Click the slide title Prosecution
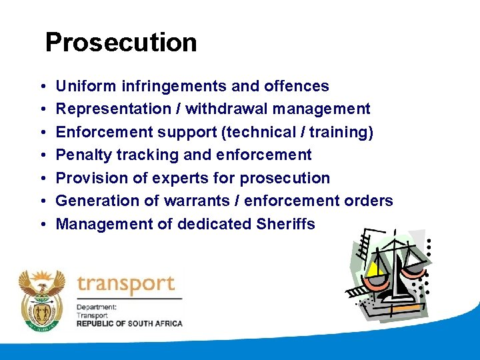[121, 43]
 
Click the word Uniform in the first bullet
[83, 86]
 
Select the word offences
[298, 86]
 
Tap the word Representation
[113, 109]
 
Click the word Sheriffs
[285, 224]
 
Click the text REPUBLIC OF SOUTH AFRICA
[129, 323]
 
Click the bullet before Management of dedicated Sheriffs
[41, 225]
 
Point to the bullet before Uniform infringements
[41, 87]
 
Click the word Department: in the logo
[97, 307]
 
